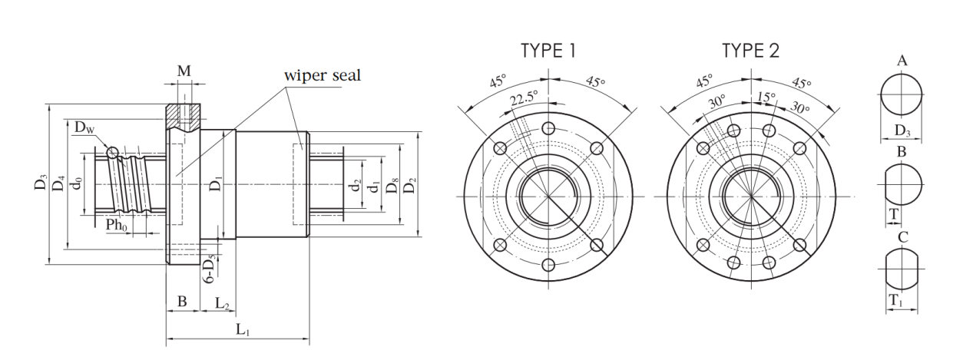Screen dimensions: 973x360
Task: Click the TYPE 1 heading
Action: pyautogui.click(x=548, y=51)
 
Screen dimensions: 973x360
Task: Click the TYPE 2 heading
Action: pyautogui.click(x=750, y=51)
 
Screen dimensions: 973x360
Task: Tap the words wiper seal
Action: pyautogui.click(x=323, y=75)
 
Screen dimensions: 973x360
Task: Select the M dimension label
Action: pyautogui.click(x=184, y=71)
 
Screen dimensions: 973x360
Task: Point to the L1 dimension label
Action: pyautogui.click(x=243, y=329)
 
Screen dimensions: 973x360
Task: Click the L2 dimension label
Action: pyautogui.click(x=222, y=302)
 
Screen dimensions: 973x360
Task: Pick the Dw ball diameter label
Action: pyautogui.click(x=84, y=127)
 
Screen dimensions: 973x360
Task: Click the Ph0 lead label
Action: pyautogui.click(x=117, y=225)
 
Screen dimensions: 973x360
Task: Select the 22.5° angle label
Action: pyautogui.click(x=524, y=98)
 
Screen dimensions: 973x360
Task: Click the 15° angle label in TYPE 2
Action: pyautogui.click(x=766, y=97)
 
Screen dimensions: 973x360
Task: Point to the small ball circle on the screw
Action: pyautogui.click(x=112, y=153)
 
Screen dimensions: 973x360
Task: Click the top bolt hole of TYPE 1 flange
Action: pyautogui.click(x=548, y=128)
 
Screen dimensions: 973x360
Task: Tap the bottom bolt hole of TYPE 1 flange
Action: pyautogui.click(x=548, y=265)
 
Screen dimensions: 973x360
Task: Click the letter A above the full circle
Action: pyautogui.click(x=902, y=61)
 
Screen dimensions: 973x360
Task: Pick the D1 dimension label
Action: pyautogui.click(x=216, y=183)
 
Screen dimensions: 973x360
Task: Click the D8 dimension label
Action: pyautogui.click(x=392, y=186)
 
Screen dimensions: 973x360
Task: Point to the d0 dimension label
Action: pyautogui.click(x=77, y=183)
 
